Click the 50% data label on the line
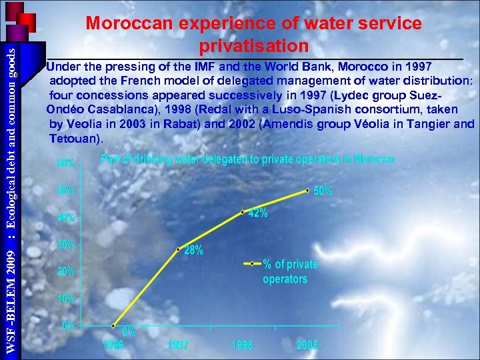323,191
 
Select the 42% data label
258,213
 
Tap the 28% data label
194,250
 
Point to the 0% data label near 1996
129,331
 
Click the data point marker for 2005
307,190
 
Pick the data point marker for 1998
243,213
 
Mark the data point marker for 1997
178,249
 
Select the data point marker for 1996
113,326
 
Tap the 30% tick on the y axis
65,245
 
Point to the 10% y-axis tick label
65,299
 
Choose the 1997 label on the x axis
177,345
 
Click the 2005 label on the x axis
307,345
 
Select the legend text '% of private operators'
290,271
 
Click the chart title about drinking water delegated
247,159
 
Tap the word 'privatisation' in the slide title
253,46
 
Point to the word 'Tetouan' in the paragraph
75,139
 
